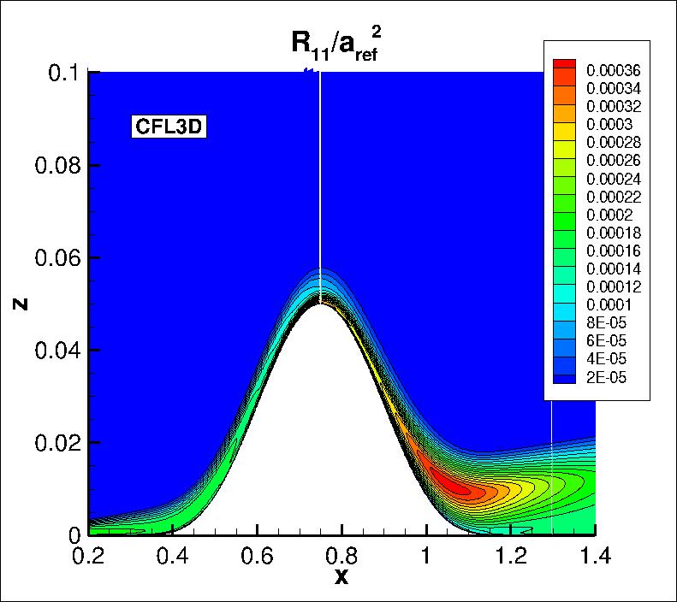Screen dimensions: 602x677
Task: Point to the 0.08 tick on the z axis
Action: pyautogui.click(x=56, y=165)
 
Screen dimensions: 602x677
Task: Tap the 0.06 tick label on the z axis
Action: pyautogui.click(x=56, y=257)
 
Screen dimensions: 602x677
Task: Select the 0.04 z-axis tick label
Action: pyautogui.click(x=56, y=350)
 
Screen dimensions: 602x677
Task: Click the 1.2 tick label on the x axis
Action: pyautogui.click(x=510, y=557)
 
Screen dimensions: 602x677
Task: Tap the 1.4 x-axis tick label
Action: pyautogui.click(x=594, y=557)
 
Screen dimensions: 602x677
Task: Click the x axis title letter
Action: pyautogui.click(x=341, y=577)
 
